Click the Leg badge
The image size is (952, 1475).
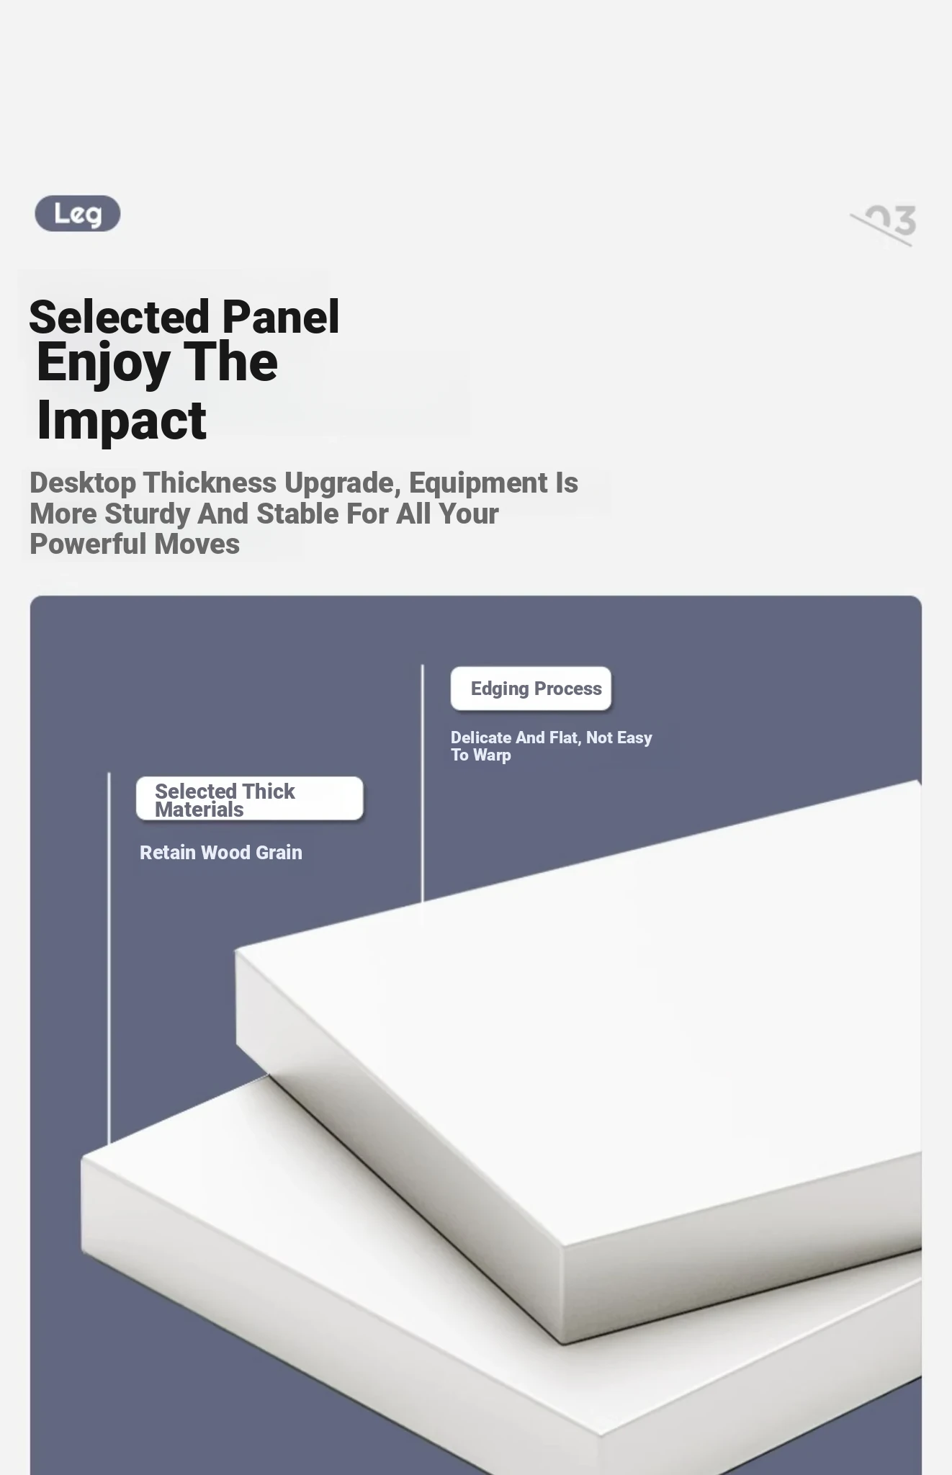(78, 213)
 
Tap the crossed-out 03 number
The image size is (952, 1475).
(884, 224)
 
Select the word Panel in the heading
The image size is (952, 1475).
(281, 317)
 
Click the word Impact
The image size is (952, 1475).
(122, 421)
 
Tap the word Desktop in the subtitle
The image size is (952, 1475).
(83, 483)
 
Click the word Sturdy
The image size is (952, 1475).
(147, 514)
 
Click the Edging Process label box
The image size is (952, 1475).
(531, 689)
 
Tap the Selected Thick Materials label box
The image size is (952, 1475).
(250, 799)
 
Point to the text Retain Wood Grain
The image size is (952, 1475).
(221, 853)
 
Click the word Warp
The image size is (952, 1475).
(493, 756)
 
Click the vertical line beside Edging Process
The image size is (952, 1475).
(423, 783)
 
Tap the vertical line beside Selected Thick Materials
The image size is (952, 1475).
(109, 958)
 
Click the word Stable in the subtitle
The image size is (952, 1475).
(298, 514)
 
